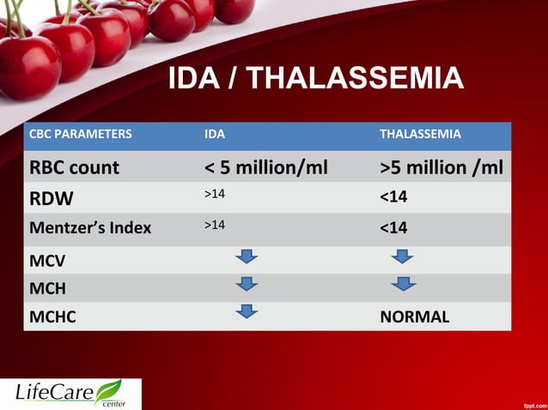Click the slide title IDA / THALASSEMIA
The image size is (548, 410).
tap(315, 79)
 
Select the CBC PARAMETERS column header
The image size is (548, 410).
tap(81, 135)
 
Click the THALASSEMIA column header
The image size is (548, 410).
tap(420, 135)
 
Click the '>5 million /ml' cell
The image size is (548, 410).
tap(441, 167)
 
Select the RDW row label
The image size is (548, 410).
tap(52, 198)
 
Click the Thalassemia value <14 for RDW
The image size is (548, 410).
tap(393, 198)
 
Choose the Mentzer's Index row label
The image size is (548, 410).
tap(90, 228)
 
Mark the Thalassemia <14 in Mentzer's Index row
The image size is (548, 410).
tap(393, 228)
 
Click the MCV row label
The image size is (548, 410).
tap(48, 258)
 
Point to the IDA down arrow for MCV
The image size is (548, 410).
tap(247, 256)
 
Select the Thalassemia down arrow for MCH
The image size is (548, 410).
tap(401, 284)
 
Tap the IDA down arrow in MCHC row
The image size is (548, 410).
tap(247, 311)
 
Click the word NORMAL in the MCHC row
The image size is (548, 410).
tap(414, 317)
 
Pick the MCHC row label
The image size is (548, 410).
tap(52, 317)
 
